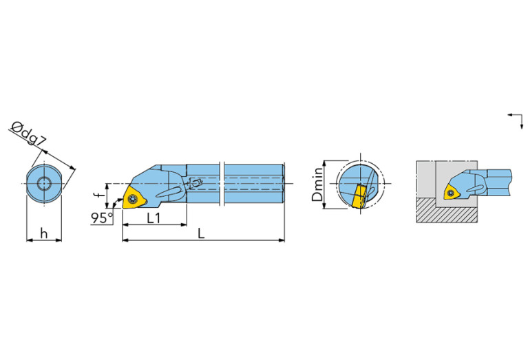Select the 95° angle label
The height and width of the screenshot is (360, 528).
[x=101, y=218]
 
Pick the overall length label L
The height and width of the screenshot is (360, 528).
[x=200, y=233]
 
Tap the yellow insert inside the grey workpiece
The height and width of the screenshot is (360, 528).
[x=452, y=193]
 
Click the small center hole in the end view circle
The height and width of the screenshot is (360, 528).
[x=44, y=184]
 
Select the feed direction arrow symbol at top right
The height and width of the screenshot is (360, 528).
[x=514, y=118]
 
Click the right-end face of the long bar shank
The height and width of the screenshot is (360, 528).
[x=284, y=184]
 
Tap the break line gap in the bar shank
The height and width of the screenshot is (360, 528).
[x=221, y=184]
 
